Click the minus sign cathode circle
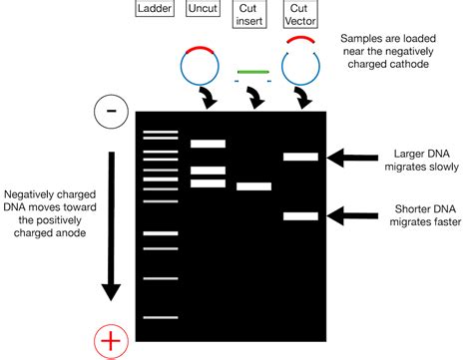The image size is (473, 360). click(x=111, y=112)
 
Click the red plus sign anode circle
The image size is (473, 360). click(x=111, y=341)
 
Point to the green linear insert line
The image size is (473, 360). click(x=253, y=72)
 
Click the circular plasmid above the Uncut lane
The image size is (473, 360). click(x=201, y=63)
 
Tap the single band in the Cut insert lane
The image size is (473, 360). click(x=253, y=185)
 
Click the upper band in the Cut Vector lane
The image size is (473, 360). click(x=300, y=156)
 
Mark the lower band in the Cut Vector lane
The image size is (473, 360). click(x=300, y=215)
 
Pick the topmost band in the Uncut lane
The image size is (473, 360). click(x=209, y=144)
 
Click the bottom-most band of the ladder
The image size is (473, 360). click(x=159, y=317)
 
